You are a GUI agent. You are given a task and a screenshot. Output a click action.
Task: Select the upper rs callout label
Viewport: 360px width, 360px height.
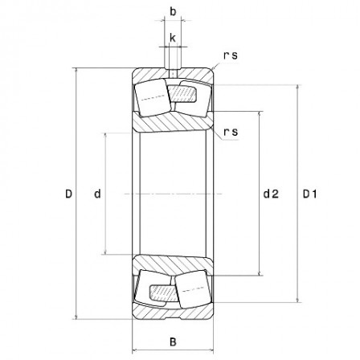point(230,55)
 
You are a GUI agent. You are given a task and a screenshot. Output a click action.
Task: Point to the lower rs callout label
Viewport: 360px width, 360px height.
point(231,131)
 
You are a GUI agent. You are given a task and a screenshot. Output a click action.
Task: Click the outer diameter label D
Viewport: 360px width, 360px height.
point(68,194)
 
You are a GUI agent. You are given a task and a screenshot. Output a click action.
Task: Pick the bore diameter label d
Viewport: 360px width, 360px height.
point(96,194)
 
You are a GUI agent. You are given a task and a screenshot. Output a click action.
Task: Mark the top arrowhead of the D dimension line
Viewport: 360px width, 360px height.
point(77,70)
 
